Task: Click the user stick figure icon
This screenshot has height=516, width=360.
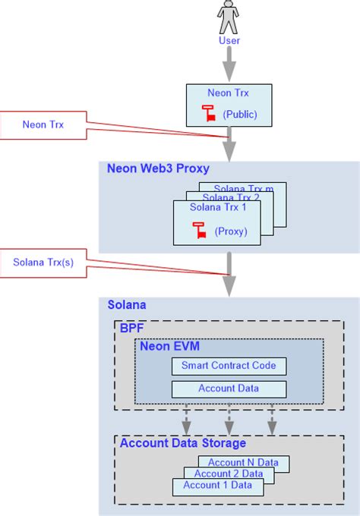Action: (229, 16)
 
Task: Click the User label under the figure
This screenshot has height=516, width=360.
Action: (229, 40)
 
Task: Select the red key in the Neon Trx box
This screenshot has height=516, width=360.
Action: (207, 114)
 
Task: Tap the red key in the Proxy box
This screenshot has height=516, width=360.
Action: (199, 229)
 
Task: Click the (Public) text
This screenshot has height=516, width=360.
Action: (240, 114)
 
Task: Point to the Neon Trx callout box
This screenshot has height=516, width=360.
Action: (43, 124)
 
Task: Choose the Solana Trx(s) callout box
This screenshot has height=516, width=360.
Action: (43, 263)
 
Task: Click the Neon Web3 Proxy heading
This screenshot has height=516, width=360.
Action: (158, 168)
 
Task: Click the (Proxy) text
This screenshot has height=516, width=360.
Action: (230, 230)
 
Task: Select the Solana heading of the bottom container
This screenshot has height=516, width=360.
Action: (127, 305)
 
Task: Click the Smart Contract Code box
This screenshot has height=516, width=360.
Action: (229, 366)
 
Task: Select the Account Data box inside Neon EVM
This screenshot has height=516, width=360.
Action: (229, 389)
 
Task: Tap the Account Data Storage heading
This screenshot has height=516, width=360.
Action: (182, 443)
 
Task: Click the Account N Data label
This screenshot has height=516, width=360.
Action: (243, 462)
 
